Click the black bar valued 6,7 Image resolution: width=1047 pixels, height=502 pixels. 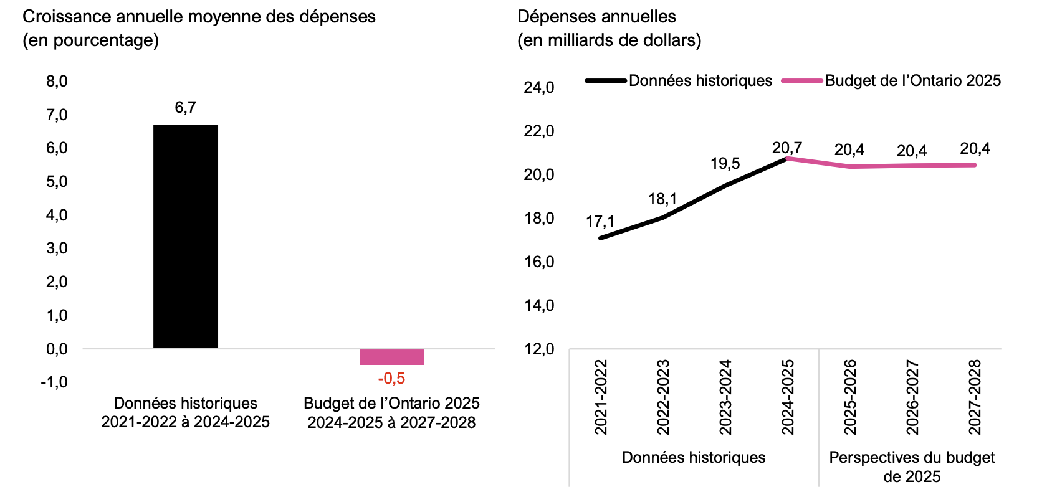[186, 237]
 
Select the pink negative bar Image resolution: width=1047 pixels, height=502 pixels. [391, 357]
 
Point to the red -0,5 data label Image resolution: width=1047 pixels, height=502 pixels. [391, 379]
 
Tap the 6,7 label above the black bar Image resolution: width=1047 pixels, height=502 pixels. [186, 108]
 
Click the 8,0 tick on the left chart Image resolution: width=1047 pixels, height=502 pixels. [57, 82]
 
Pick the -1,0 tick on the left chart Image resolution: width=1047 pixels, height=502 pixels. [54, 382]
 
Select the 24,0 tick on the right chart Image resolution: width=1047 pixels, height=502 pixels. [539, 88]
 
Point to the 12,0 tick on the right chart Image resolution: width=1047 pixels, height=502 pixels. [539, 349]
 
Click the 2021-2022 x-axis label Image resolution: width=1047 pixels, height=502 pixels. [601, 397]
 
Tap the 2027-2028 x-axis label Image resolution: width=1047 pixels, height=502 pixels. [975, 397]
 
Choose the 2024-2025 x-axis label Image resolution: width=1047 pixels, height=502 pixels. [788, 397]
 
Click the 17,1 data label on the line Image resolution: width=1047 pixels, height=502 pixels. [600, 222]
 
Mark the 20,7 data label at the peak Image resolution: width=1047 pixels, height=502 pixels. [787, 148]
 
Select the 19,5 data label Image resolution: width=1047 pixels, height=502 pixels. [725, 164]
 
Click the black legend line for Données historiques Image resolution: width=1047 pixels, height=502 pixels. [606, 81]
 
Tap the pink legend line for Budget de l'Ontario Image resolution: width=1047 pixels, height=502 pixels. [802, 81]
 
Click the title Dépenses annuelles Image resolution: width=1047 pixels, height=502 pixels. [596, 17]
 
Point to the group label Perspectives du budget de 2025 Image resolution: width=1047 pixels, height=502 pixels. [912, 467]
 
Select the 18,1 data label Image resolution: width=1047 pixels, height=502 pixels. [662, 199]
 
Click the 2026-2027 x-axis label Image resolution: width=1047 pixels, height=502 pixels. [912, 397]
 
